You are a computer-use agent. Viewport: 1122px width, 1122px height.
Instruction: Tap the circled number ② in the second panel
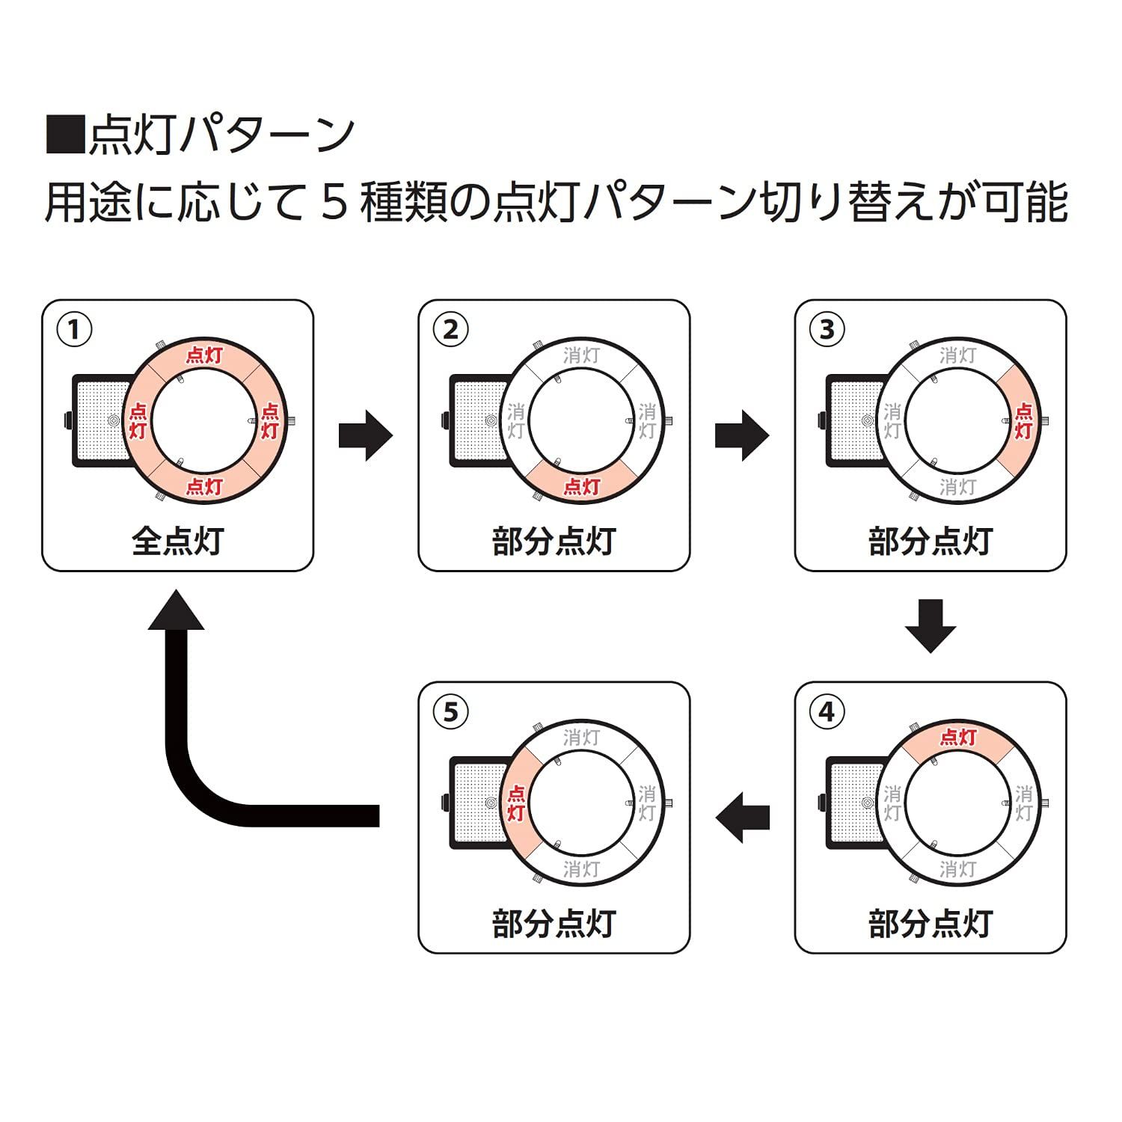pos(450,330)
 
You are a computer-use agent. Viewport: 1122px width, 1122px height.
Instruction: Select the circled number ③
pos(827,330)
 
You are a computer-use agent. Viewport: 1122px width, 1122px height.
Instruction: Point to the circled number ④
pos(827,711)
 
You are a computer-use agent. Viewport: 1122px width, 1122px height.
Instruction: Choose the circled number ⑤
pos(450,711)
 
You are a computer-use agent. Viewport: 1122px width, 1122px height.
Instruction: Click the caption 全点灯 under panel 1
pos(177,541)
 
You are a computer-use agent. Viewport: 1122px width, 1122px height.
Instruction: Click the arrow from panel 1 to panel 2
pos(365,435)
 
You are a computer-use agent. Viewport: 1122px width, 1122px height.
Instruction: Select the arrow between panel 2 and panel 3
pos(741,435)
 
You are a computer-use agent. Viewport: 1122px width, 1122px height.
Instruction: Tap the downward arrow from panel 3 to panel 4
pos(931,625)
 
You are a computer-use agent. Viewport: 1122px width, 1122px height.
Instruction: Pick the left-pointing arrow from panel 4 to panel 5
pos(743,816)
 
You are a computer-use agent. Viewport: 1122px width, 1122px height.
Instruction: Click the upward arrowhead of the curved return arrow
pos(177,610)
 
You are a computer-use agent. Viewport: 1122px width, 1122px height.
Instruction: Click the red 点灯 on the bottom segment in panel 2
pos(581,486)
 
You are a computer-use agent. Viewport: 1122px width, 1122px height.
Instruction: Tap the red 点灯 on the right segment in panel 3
pos(1023,420)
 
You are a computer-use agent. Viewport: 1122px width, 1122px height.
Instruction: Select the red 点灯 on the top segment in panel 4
pos(957,738)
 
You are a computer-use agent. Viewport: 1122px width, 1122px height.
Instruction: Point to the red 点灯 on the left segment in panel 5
pos(515,803)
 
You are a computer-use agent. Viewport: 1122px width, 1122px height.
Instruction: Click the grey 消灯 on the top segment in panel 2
pos(581,355)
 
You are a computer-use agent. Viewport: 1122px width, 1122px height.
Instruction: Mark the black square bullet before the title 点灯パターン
pos(64,135)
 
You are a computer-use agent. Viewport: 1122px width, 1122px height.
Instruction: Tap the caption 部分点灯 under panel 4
pos(930,923)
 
